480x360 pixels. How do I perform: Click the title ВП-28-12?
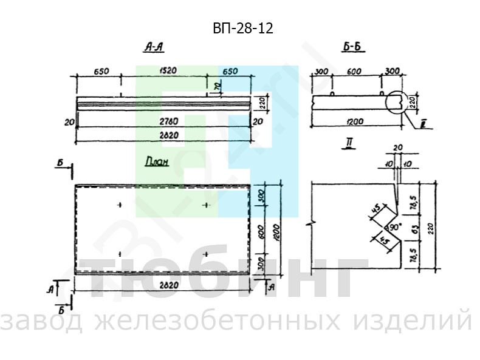pyautogui.click(x=239, y=28)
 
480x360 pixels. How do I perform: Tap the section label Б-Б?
pyautogui.click(x=354, y=48)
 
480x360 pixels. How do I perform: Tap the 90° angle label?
pyautogui.click(x=394, y=226)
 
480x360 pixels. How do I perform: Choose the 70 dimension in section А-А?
pyautogui.click(x=216, y=87)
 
